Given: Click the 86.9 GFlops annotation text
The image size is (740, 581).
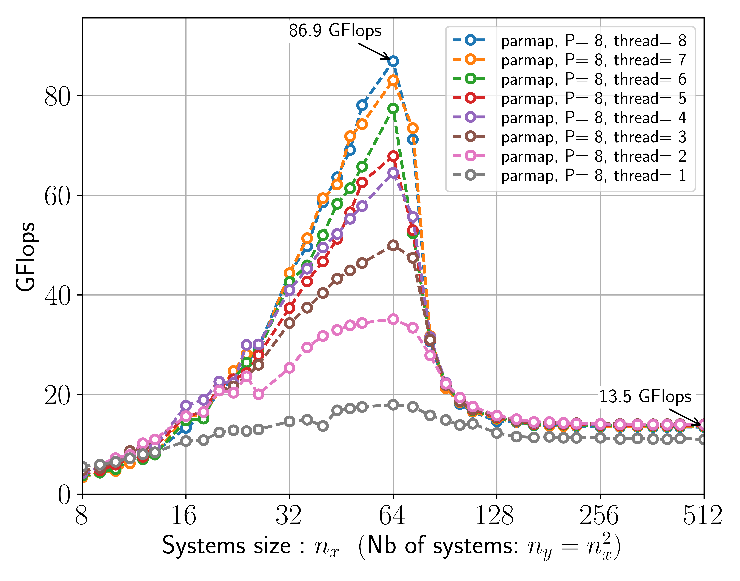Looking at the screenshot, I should point(335,31).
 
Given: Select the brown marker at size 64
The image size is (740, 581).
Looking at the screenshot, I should point(393,245).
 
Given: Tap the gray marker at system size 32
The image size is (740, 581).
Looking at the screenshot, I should point(289,421).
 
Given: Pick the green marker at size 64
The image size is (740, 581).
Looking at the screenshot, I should point(393,109).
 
